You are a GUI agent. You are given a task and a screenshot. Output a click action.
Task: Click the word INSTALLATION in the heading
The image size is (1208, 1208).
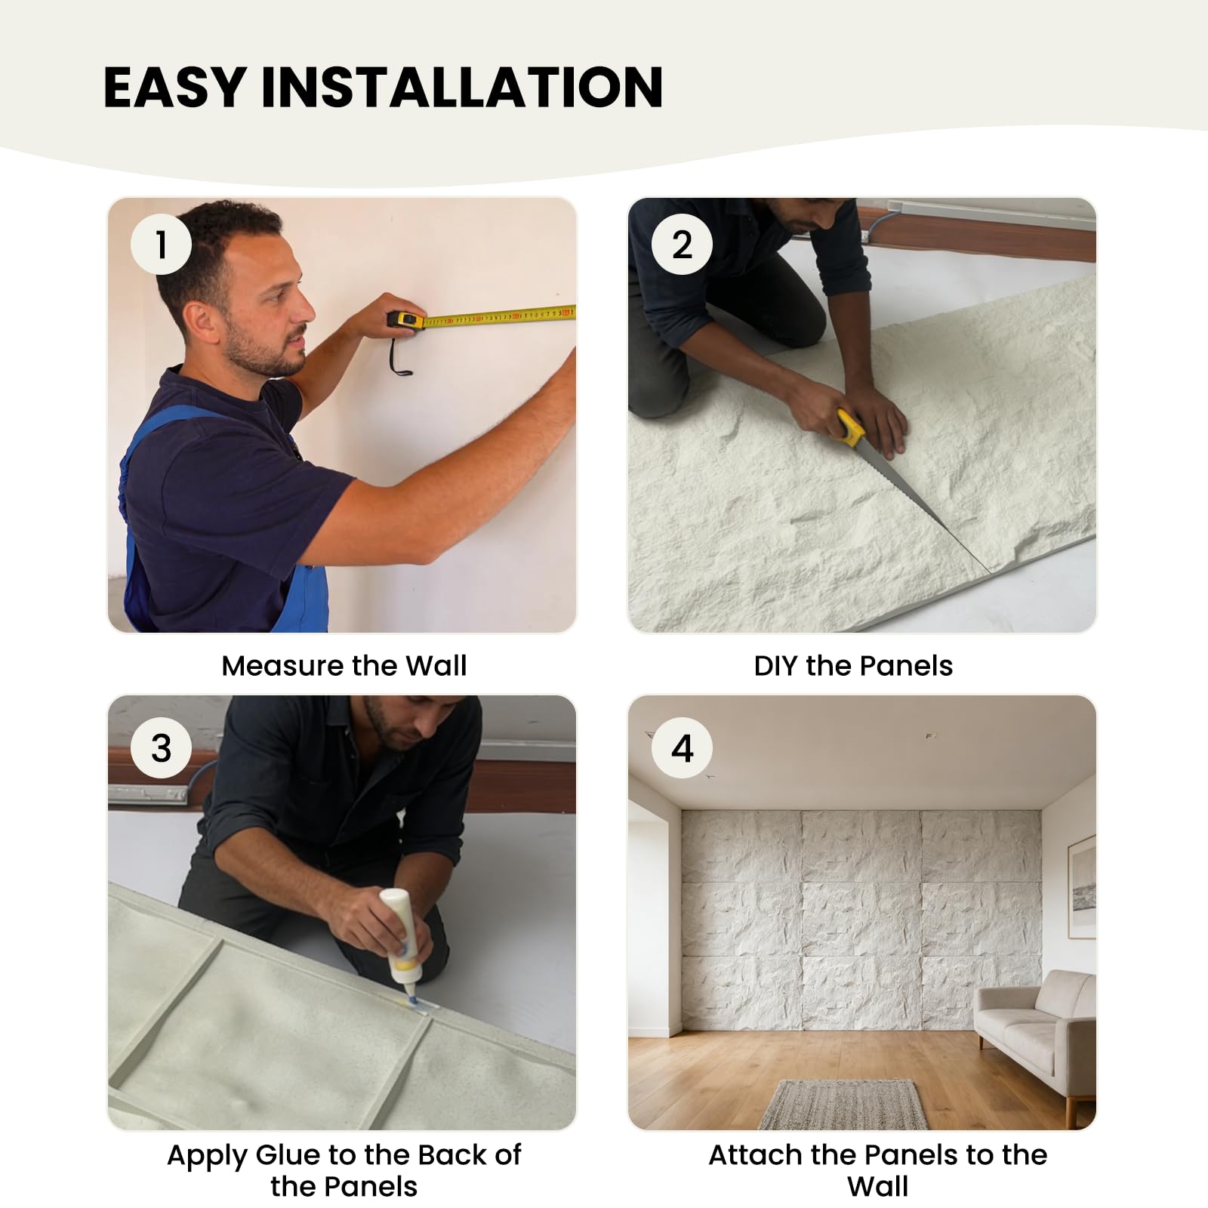[462, 87]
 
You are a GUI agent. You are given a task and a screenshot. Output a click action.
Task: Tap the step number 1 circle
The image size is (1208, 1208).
[161, 245]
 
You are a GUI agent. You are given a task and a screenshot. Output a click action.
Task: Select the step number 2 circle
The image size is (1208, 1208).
[682, 245]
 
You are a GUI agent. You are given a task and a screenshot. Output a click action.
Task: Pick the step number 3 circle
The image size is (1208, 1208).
[161, 747]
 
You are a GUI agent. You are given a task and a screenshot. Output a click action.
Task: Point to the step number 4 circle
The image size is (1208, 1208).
[682, 747]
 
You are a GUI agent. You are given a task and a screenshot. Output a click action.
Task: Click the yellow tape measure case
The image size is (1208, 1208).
[406, 319]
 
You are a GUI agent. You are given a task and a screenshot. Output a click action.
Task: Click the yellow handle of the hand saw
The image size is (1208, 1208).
[850, 427]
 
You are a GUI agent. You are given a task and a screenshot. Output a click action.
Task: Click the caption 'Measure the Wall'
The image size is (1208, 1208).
[344, 665]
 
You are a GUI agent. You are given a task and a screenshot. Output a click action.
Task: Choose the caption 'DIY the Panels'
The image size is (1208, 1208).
[853, 665]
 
